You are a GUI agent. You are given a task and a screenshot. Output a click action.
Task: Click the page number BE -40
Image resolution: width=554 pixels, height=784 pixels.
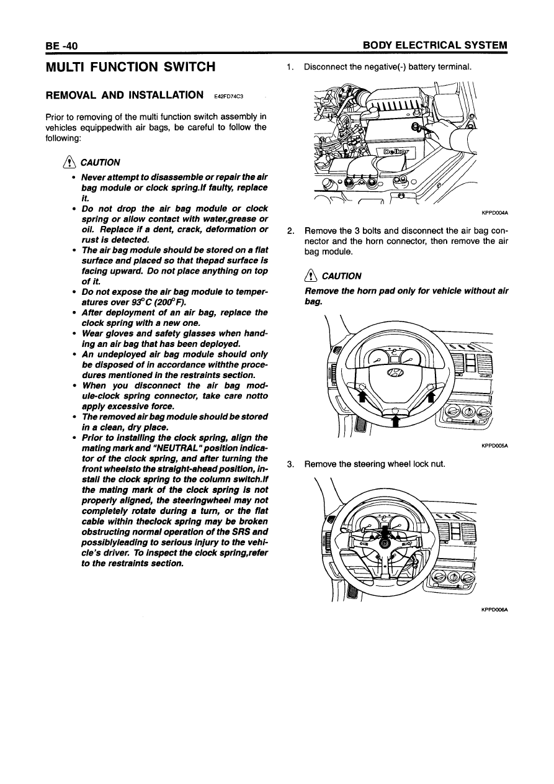[x=60, y=46]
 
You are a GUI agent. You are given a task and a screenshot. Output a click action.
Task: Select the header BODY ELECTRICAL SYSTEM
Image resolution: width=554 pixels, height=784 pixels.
[x=435, y=46]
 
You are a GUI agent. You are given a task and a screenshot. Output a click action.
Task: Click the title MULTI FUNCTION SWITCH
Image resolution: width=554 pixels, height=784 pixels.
[x=131, y=66]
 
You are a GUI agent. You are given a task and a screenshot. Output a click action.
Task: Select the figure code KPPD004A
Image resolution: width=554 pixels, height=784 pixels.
[x=495, y=213]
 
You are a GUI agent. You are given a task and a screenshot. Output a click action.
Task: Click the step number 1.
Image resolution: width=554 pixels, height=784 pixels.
[x=290, y=66]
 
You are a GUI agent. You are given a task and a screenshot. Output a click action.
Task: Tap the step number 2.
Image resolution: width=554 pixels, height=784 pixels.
[x=290, y=232]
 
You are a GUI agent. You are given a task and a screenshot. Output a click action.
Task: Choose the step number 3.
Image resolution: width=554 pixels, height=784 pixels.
[x=290, y=464]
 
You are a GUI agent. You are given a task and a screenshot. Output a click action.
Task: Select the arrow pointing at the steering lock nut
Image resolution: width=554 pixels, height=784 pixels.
[x=385, y=533]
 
